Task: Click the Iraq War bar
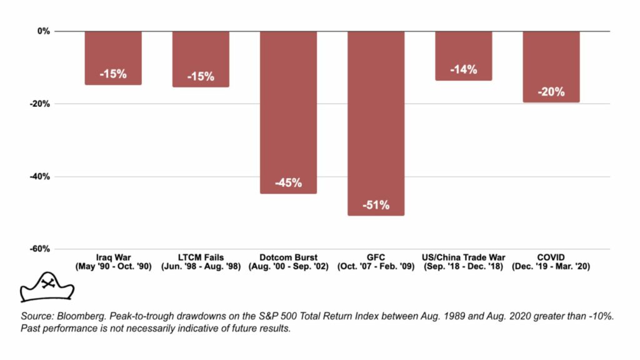(113, 57)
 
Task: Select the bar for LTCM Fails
(201, 59)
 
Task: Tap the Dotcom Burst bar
(288, 112)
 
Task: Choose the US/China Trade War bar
(463, 56)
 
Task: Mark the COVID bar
(551, 66)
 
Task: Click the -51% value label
(376, 205)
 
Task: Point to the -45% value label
(288, 183)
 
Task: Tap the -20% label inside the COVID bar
(551, 92)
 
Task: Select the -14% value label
(463, 69)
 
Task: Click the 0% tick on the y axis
(43, 31)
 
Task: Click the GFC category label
(376, 257)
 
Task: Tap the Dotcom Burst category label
(288, 257)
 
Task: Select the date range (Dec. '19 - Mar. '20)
(551, 267)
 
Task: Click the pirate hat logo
(47, 286)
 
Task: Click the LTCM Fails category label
(201, 257)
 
